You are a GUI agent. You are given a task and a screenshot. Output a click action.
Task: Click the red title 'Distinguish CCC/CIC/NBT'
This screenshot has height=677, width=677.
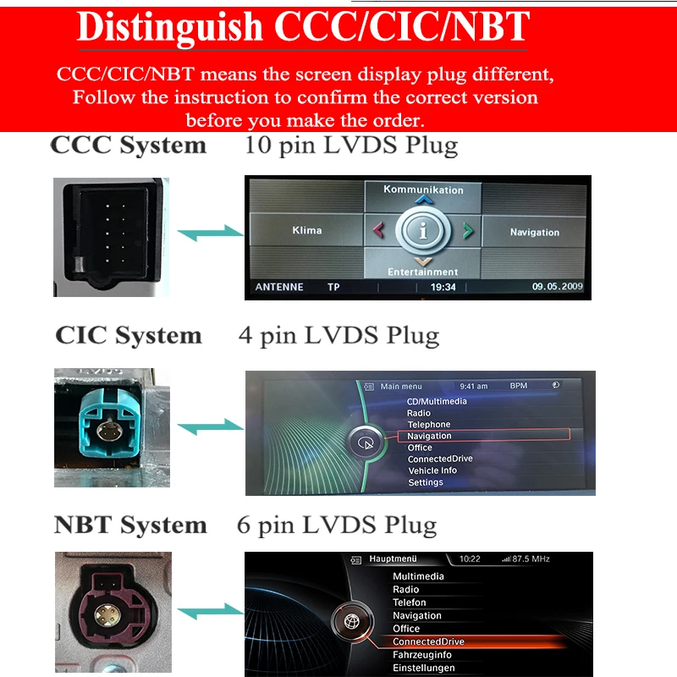tap(303, 27)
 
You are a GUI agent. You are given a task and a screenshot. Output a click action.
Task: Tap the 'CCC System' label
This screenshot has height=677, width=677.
tap(129, 145)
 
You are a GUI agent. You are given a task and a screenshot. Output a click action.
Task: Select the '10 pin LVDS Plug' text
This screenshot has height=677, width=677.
tap(351, 145)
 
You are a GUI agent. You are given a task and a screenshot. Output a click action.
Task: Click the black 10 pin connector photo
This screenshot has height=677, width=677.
tap(111, 237)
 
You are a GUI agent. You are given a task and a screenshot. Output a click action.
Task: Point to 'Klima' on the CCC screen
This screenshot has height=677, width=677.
tap(306, 230)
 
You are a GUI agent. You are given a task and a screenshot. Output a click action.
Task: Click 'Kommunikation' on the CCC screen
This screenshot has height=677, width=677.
tap(423, 190)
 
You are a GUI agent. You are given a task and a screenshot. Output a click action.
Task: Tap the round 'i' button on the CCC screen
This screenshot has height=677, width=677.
tap(423, 230)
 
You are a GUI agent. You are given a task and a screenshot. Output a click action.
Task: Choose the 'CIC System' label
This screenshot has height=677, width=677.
tap(129, 335)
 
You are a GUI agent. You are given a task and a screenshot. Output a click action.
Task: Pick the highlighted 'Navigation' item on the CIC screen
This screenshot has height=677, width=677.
tap(430, 436)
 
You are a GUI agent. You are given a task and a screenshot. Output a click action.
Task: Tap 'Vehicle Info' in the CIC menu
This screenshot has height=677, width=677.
tap(432, 471)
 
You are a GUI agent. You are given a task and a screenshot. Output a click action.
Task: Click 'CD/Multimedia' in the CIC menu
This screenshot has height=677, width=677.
tap(437, 401)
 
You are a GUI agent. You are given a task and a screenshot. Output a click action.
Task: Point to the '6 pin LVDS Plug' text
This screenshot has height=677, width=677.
tap(337, 526)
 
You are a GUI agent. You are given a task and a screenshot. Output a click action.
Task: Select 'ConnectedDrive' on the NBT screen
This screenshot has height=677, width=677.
tap(428, 641)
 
